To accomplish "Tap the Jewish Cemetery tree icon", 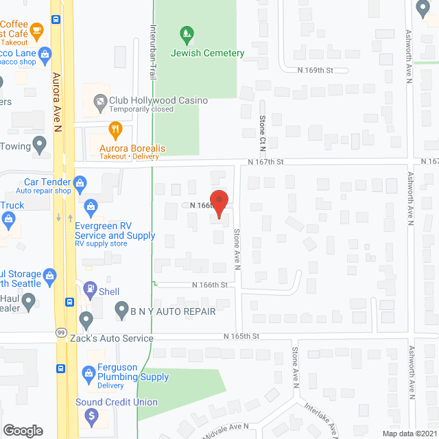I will click(185, 33).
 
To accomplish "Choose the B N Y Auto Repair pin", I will click(121, 310).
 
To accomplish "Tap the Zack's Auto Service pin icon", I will click(86, 320).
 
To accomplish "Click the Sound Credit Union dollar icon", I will click(91, 416).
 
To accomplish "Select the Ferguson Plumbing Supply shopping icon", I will click(88, 374).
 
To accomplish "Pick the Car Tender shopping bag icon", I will click(81, 183).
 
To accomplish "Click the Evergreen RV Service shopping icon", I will click(91, 206).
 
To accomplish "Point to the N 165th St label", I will click(241, 336).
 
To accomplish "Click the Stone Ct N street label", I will click(262, 134).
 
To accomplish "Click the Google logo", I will click(23, 430).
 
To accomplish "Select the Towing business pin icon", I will click(40, 145).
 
